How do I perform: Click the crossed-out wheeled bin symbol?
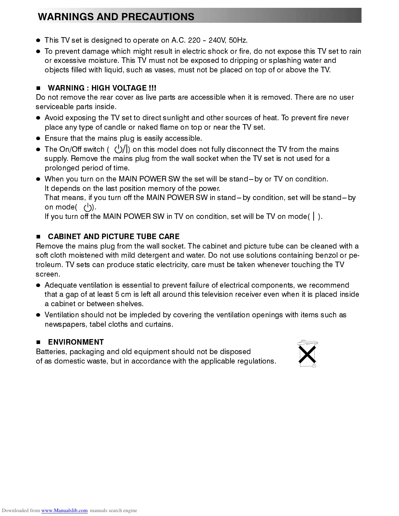(x=307, y=354)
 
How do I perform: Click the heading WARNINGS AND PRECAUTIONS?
(x=116, y=17)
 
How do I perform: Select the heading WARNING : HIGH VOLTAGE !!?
(x=102, y=88)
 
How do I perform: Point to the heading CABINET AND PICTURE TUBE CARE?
(x=113, y=236)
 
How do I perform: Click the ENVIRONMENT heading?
(x=76, y=342)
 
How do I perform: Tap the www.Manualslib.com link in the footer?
(x=64, y=510)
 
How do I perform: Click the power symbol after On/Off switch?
(x=122, y=150)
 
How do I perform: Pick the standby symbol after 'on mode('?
(x=87, y=207)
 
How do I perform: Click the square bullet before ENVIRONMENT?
(x=38, y=342)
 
